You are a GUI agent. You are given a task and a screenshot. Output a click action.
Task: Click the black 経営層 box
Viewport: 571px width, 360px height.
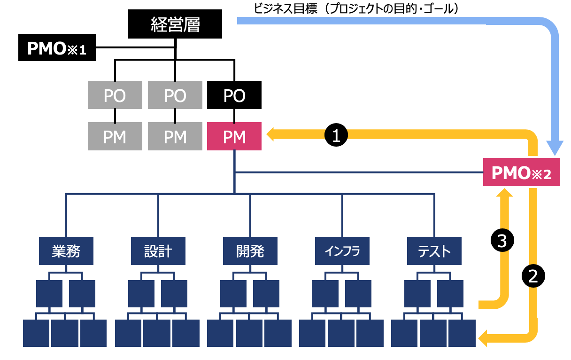(x=175, y=24)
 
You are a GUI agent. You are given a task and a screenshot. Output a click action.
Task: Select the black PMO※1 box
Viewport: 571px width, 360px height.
(x=57, y=48)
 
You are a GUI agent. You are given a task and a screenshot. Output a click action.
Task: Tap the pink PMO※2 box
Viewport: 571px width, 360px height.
(x=521, y=173)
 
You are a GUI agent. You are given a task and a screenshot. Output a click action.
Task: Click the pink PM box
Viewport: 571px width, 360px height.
(x=234, y=137)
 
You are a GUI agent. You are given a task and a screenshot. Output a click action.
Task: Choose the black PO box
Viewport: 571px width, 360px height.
(x=234, y=95)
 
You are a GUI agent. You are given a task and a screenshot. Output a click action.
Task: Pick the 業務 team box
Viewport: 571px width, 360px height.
(x=66, y=251)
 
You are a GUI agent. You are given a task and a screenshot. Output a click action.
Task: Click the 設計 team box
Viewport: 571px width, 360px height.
(x=158, y=251)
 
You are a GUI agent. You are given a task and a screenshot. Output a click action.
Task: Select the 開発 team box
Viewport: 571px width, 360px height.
(x=250, y=251)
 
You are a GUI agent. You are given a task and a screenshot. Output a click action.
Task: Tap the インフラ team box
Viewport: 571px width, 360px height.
(x=342, y=251)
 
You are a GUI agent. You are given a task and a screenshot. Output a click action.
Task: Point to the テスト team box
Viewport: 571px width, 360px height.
(x=434, y=251)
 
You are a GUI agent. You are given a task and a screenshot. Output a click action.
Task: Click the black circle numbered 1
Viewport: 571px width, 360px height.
(x=336, y=135)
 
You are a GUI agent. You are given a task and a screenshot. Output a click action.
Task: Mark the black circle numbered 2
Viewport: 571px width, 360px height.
(x=533, y=275)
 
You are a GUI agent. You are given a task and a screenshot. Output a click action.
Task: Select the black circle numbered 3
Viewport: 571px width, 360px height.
(x=502, y=241)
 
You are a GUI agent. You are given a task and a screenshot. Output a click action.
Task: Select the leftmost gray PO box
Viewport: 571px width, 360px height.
(x=115, y=95)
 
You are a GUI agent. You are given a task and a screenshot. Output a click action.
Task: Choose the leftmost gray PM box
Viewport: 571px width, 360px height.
(x=115, y=137)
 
